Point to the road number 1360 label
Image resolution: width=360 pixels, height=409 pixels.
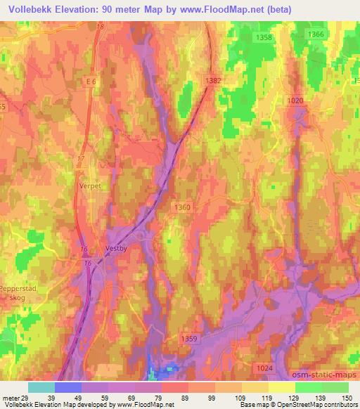[182, 206]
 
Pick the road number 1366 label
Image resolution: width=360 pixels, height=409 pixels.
[316, 34]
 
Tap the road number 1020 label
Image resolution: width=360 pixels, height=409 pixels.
[295, 100]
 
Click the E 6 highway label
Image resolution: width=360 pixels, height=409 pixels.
[89, 82]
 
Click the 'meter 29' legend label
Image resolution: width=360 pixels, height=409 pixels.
[14, 398]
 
